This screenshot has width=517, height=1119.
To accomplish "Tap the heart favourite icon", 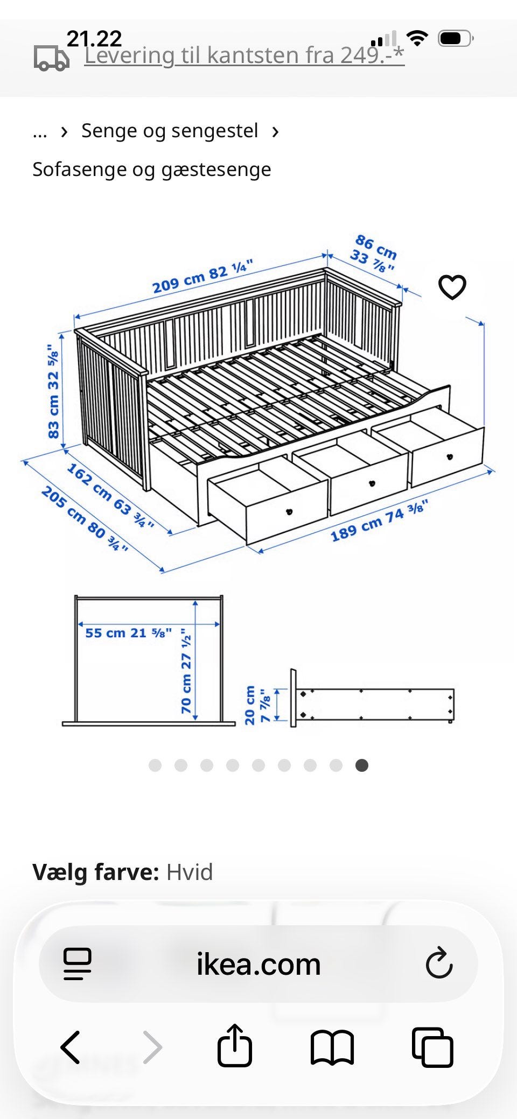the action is click(x=452, y=287).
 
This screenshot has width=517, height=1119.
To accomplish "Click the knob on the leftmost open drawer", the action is click(x=289, y=511).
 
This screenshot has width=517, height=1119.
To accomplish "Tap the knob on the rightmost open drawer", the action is click(x=449, y=457).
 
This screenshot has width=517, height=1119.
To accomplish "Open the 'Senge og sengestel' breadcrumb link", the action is click(x=170, y=131).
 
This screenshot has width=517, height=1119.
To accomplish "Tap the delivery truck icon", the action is click(x=52, y=58).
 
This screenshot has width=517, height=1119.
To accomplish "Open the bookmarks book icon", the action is click(x=332, y=1048).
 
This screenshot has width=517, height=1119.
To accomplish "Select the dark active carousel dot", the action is click(x=362, y=765).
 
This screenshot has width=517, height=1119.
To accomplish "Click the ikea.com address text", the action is click(x=258, y=964).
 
